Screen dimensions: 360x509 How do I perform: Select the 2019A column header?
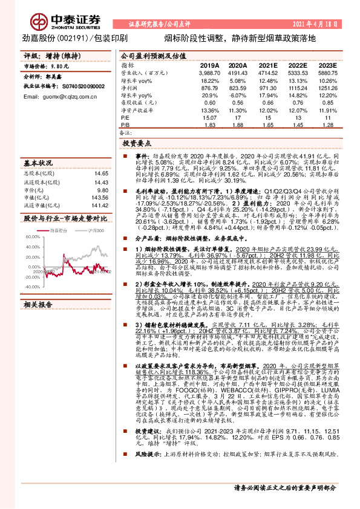(x=209, y=65)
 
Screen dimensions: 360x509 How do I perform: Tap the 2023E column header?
(x=327, y=65)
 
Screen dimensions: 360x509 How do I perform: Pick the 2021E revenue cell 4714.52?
(x=268, y=72)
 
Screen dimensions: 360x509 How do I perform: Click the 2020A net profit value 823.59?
(x=238, y=88)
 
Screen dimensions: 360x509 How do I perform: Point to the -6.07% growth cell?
(x=238, y=96)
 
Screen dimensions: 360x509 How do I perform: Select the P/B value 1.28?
(x=328, y=125)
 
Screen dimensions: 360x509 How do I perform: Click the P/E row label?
(x=126, y=117)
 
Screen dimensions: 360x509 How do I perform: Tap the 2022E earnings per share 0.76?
(x=298, y=103)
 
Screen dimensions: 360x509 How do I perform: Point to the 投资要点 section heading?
(x=137, y=145)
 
